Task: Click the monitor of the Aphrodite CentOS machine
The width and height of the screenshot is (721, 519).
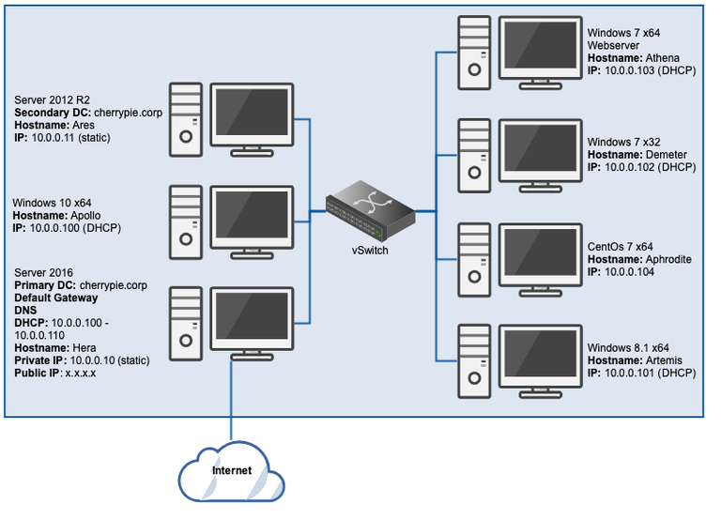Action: tap(539, 251)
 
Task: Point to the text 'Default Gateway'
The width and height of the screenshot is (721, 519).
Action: tap(56, 298)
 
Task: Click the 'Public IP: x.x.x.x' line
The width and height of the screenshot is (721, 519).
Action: tap(55, 373)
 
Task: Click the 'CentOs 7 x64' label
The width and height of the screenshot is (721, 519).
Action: tap(622, 247)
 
